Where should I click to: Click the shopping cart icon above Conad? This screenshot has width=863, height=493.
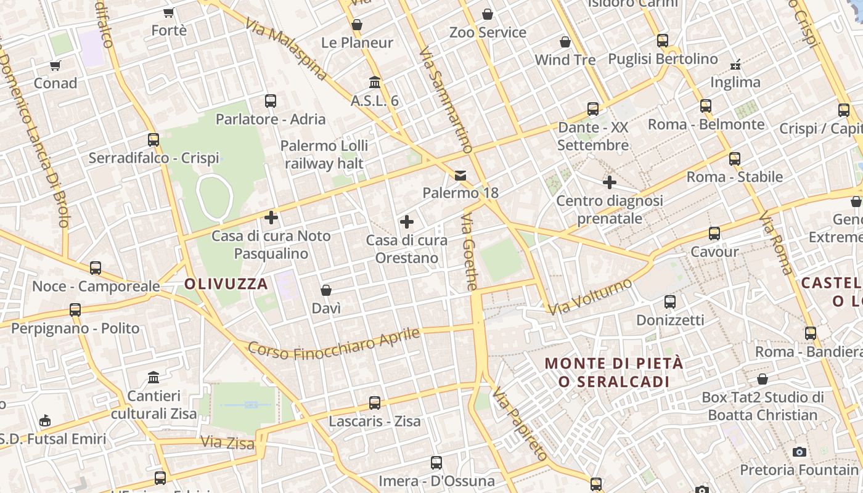pyautogui.click(x=55, y=65)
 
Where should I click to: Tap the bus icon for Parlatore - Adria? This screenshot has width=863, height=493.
pyautogui.click(x=270, y=101)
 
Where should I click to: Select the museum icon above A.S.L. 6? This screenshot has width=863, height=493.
pyautogui.click(x=374, y=82)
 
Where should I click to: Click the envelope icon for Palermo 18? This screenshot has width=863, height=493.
pyautogui.click(x=460, y=176)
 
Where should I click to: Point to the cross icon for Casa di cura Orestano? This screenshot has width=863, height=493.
pyautogui.click(x=407, y=222)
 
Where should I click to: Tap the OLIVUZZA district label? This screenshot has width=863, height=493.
pyautogui.click(x=226, y=284)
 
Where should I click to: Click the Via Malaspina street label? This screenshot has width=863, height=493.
pyautogui.click(x=285, y=50)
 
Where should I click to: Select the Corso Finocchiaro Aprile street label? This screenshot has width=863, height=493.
pyautogui.click(x=333, y=345)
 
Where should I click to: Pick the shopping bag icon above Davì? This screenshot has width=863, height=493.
pyautogui.click(x=326, y=290)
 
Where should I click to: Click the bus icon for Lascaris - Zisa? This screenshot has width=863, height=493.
pyautogui.click(x=374, y=403)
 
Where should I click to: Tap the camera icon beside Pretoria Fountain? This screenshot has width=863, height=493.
pyautogui.click(x=800, y=452)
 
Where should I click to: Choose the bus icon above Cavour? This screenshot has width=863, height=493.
pyautogui.click(x=714, y=234)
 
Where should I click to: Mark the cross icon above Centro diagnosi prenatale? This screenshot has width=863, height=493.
pyautogui.click(x=610, y=182)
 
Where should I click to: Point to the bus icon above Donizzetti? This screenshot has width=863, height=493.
pyautogui.click(x=670, y=302)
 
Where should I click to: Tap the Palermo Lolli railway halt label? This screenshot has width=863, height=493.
pyautogui.click(x=324, y=155)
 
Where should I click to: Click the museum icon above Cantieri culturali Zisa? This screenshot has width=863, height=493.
pyautogui.click(x=153, y=377)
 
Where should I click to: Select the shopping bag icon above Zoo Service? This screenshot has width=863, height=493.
pyautogui.click(x=487, y=14)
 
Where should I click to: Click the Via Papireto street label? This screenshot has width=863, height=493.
pyautogui.click(x=520, y=423)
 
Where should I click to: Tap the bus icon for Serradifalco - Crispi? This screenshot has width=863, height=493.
pyautogui.click(x=153, y=140)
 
